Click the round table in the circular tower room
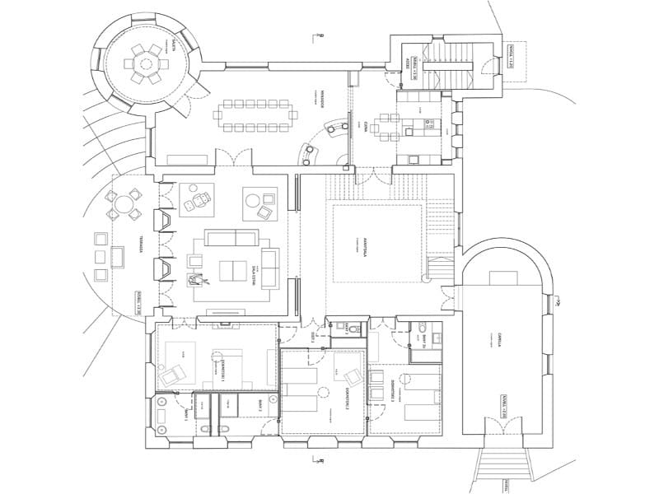pyautogui.click(x=146, y=62)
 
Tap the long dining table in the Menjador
pyautogui.click(x=255, y=114)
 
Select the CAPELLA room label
pyautogui.click(x=499, y=341)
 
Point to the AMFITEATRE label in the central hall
pyautogui.click(x=364, y=248)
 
